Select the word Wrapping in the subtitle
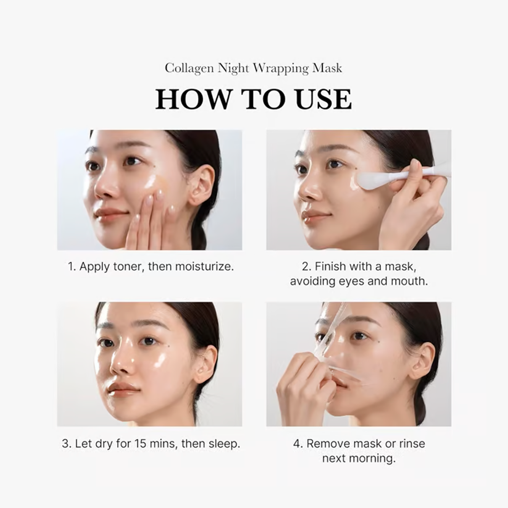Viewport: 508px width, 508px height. tap(281, 69)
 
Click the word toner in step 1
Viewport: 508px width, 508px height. tap(127, 267)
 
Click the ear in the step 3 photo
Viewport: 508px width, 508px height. tap(205, 363)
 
